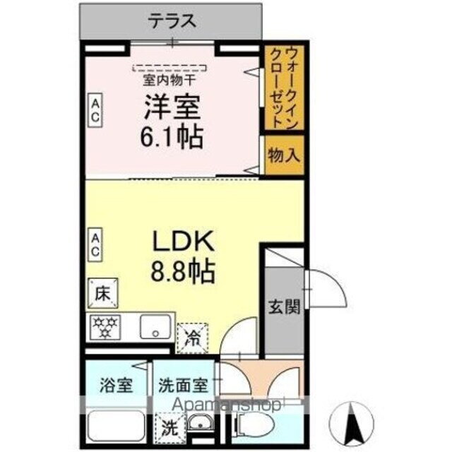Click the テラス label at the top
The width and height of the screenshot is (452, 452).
[172, 21]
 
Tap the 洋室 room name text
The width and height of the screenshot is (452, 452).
[173, 107]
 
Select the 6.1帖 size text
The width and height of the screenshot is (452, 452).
[173, 136]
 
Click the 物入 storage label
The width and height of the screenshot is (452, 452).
[284, 155]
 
